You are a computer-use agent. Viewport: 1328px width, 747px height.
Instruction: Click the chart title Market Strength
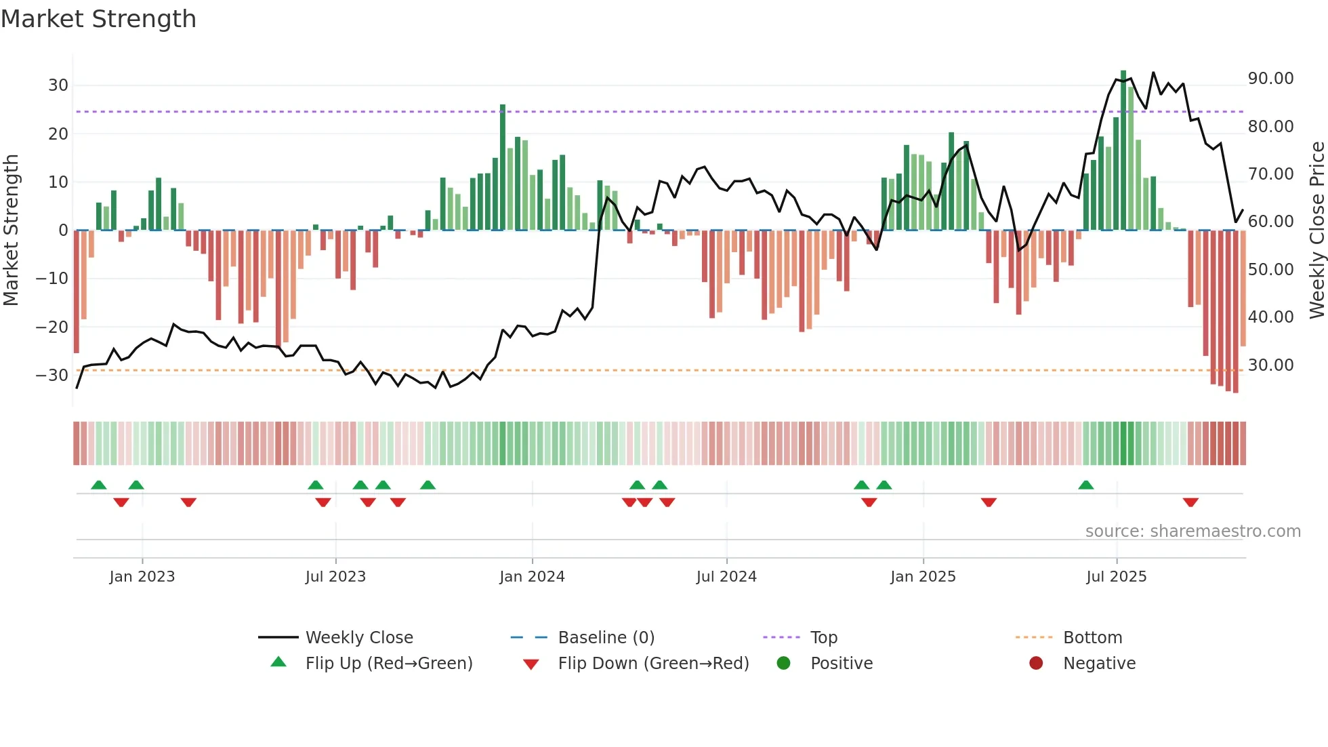98,19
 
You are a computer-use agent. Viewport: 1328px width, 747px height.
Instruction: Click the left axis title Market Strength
11,230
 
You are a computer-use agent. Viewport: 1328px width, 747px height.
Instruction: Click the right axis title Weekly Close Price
1316,230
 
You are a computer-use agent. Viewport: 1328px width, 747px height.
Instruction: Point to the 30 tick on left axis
58,85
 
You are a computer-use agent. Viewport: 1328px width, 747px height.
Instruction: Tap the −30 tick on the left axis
52,375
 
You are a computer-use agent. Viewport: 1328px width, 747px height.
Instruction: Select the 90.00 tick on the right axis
1270,79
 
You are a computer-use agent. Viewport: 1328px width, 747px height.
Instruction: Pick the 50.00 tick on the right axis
1270,270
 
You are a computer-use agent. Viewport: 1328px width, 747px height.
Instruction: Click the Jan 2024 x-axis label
532,577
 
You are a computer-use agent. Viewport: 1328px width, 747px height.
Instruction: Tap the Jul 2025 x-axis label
1116,577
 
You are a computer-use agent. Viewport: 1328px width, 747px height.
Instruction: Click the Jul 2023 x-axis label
335,577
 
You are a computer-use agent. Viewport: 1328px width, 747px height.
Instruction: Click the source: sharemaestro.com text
1192,531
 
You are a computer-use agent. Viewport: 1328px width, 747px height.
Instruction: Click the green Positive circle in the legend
784,664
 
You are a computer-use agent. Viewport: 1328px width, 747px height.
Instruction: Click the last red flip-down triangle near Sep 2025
1190,502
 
